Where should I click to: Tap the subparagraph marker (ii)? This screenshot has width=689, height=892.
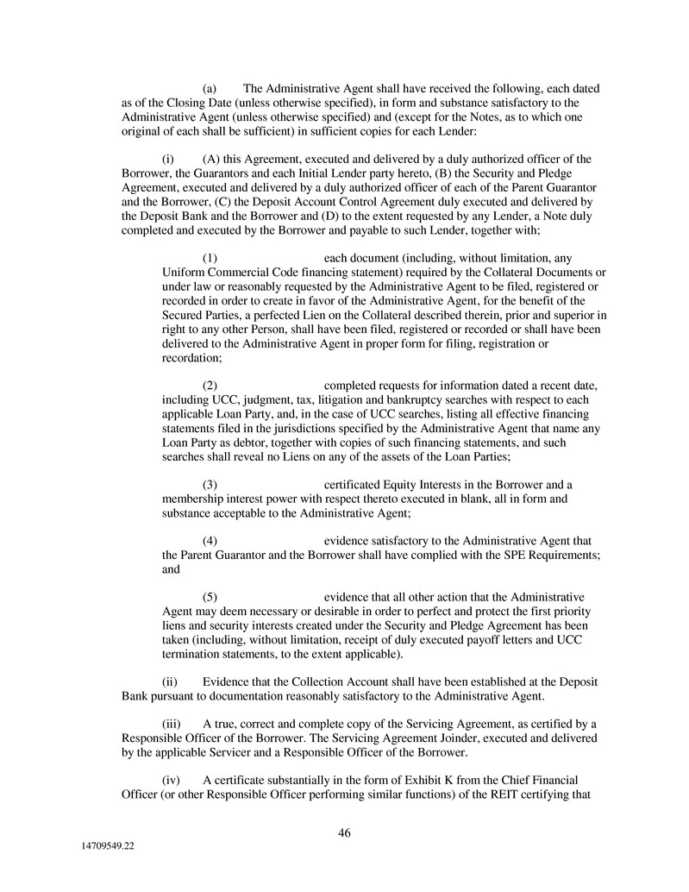[171, 682]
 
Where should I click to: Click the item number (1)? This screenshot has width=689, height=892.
[210, 258]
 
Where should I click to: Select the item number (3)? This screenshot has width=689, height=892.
[210, 484]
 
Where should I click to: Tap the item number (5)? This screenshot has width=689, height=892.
[210, 596]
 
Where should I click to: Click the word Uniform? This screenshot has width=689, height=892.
[183, 273]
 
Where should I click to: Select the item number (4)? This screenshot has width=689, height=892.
[210, 540]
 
